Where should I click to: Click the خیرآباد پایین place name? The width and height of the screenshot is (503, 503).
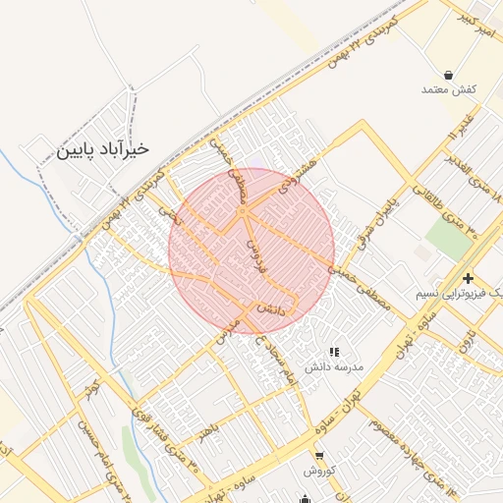(x=102, y=149)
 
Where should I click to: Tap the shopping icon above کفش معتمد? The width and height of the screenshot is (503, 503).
(x=448, y=75)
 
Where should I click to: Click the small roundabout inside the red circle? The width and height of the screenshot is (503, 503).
(x=242, y=211)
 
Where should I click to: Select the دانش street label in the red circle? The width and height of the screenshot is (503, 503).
(x=272, y=308)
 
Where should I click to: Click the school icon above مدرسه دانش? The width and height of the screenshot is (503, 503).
(x=334, y=351)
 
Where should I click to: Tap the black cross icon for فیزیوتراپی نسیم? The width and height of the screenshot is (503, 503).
(x=469, y=278)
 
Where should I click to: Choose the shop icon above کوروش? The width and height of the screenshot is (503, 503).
(x=320, y=455)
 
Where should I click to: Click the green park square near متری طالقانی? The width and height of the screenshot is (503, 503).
(x=447, y=238)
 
